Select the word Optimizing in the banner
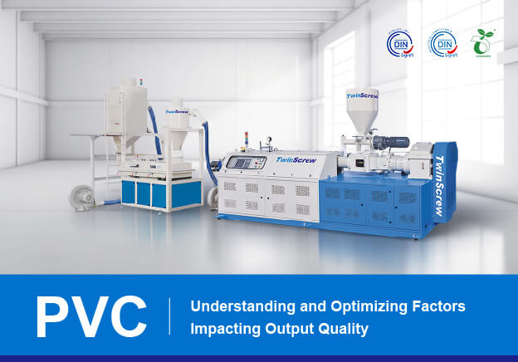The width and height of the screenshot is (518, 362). [363, 306]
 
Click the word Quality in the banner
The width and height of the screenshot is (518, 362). [342, 329]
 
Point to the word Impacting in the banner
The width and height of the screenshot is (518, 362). [225, 329]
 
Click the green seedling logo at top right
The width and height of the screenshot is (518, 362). [482, 43]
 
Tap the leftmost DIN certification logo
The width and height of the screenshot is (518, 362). [400, 43]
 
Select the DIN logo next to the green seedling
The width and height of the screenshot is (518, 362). [442, 43]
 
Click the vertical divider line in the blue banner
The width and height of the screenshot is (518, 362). [170, 317]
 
